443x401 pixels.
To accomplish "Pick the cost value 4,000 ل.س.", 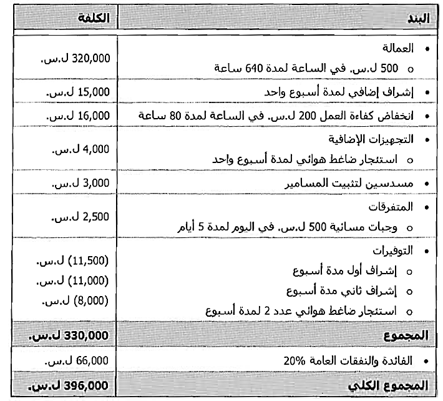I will (82, 149).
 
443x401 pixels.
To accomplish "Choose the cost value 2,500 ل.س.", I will (82, 217).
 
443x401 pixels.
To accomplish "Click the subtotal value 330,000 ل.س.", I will (69, 335).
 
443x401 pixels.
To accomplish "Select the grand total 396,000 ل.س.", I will (69, 385).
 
